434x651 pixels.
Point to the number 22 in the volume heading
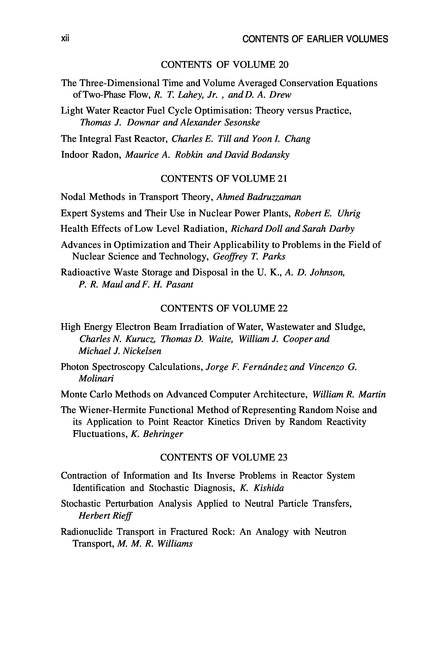[282, 308]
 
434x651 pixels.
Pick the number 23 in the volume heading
[282, 457]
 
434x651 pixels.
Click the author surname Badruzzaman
[273, 197]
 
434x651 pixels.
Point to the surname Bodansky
[270, 155]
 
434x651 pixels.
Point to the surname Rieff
[122, 515]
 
